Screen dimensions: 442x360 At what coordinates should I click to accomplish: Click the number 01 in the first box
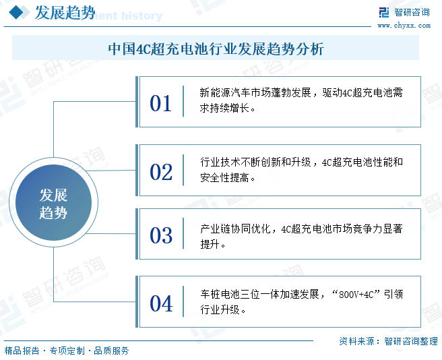(160, 103)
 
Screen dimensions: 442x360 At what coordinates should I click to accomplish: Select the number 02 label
(161, 172)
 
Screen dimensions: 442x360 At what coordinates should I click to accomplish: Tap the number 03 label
(161, 235)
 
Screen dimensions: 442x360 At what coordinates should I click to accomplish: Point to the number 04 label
(161, 303)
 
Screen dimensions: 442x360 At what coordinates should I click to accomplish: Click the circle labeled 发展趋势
(53, 202)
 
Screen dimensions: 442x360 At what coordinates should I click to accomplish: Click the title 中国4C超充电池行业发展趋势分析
(216, 49)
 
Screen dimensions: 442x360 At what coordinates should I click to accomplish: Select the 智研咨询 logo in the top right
(404, 12)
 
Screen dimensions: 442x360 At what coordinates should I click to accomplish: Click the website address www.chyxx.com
(404, 26)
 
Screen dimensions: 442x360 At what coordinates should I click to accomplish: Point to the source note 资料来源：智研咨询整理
(389, 341)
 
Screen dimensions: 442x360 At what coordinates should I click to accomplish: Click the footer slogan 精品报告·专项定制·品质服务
(67, 351)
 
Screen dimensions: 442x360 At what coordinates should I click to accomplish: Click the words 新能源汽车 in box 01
(225, 92)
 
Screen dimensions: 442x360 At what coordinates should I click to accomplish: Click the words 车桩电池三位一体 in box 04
(241, 294)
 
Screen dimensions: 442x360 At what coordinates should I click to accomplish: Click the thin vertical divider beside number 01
(183, 101)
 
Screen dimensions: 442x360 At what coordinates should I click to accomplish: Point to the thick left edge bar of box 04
(137, 301)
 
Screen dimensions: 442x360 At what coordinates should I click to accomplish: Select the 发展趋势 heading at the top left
(65, 13)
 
